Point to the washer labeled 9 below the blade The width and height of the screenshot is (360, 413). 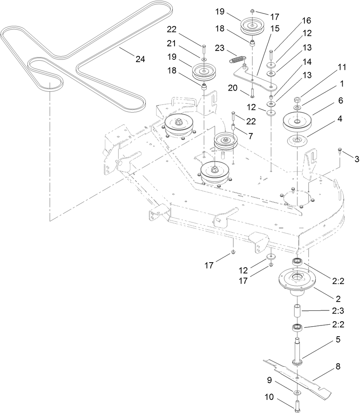click(298, 392)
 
